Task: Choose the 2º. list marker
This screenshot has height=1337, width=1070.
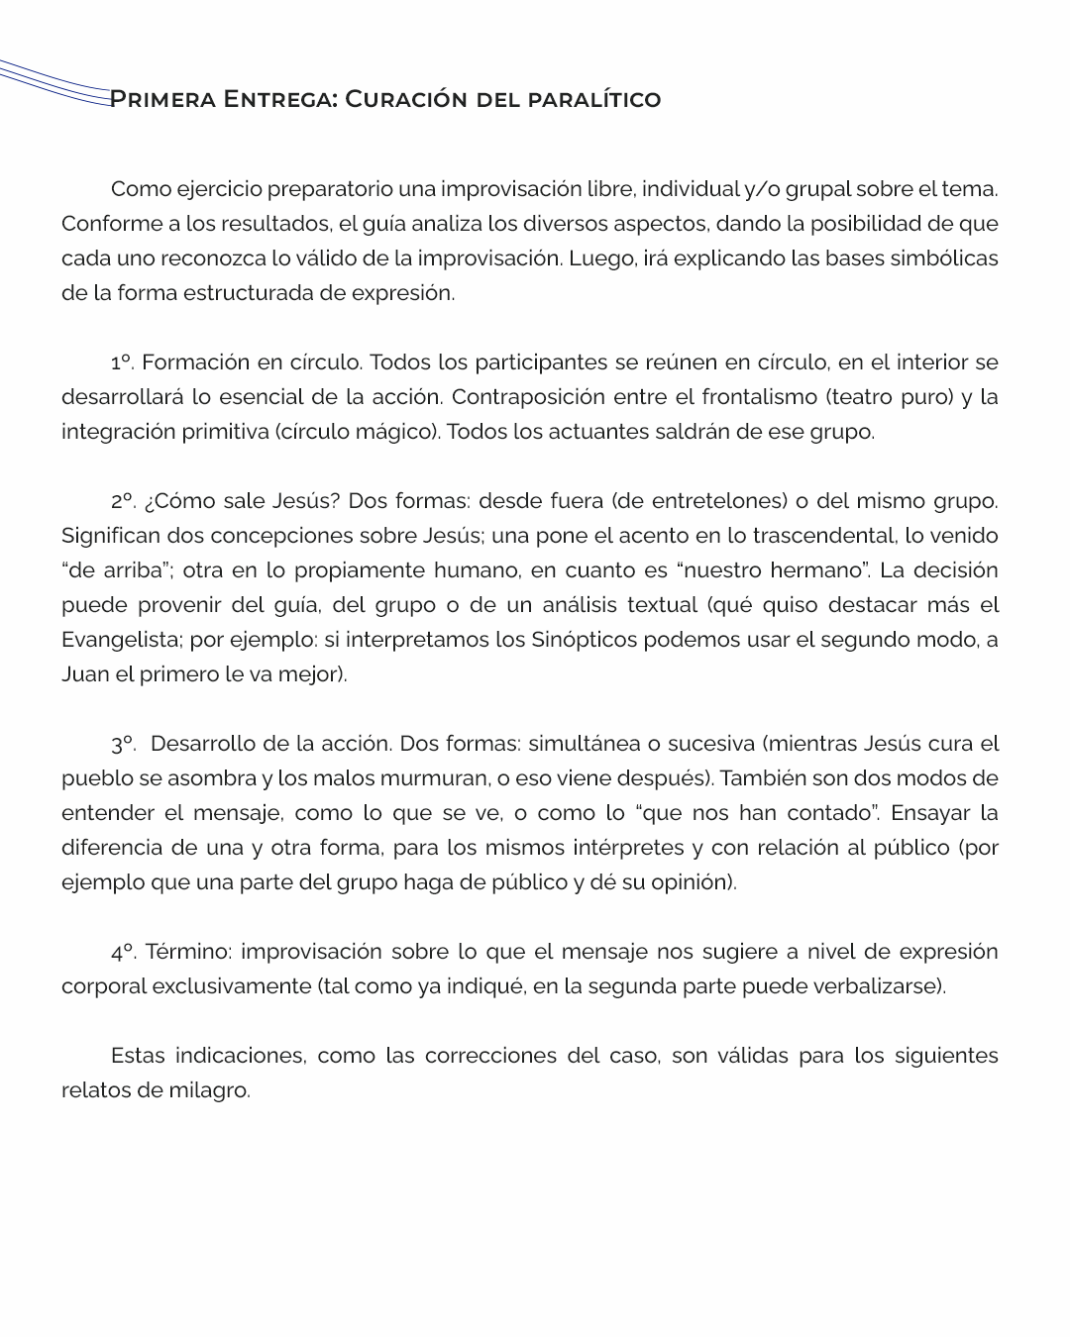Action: [123, 501]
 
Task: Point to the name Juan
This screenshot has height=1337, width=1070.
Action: [83, 674]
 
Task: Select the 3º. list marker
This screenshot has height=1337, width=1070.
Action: [123, 744]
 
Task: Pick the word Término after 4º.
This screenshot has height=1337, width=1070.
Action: [188, 952]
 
